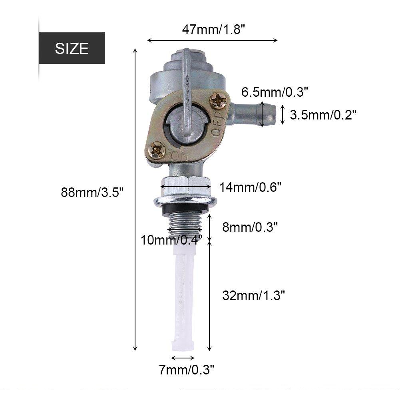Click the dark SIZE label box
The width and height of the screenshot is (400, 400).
coord(72,48)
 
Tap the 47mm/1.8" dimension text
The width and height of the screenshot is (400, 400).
coord(213,30)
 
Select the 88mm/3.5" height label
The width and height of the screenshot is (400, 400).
coord(92,192)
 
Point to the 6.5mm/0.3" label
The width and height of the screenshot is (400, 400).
coord(275,92)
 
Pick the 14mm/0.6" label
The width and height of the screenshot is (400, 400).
coord(250,187)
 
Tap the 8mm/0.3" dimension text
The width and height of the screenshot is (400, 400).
coord(250,227)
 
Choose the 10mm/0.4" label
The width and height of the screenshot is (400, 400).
coord(172,240)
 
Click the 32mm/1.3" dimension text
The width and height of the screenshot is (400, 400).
coord(253,295)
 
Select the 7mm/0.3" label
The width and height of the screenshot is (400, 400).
coord(187,370)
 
